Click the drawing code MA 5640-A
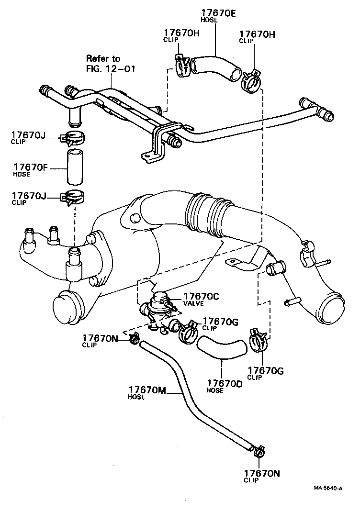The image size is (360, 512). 328,488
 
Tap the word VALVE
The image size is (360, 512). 193,304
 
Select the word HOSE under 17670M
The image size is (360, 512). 136,397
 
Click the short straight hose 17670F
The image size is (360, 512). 74,167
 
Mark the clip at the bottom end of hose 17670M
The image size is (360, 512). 259,450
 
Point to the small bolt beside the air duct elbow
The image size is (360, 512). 291,302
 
